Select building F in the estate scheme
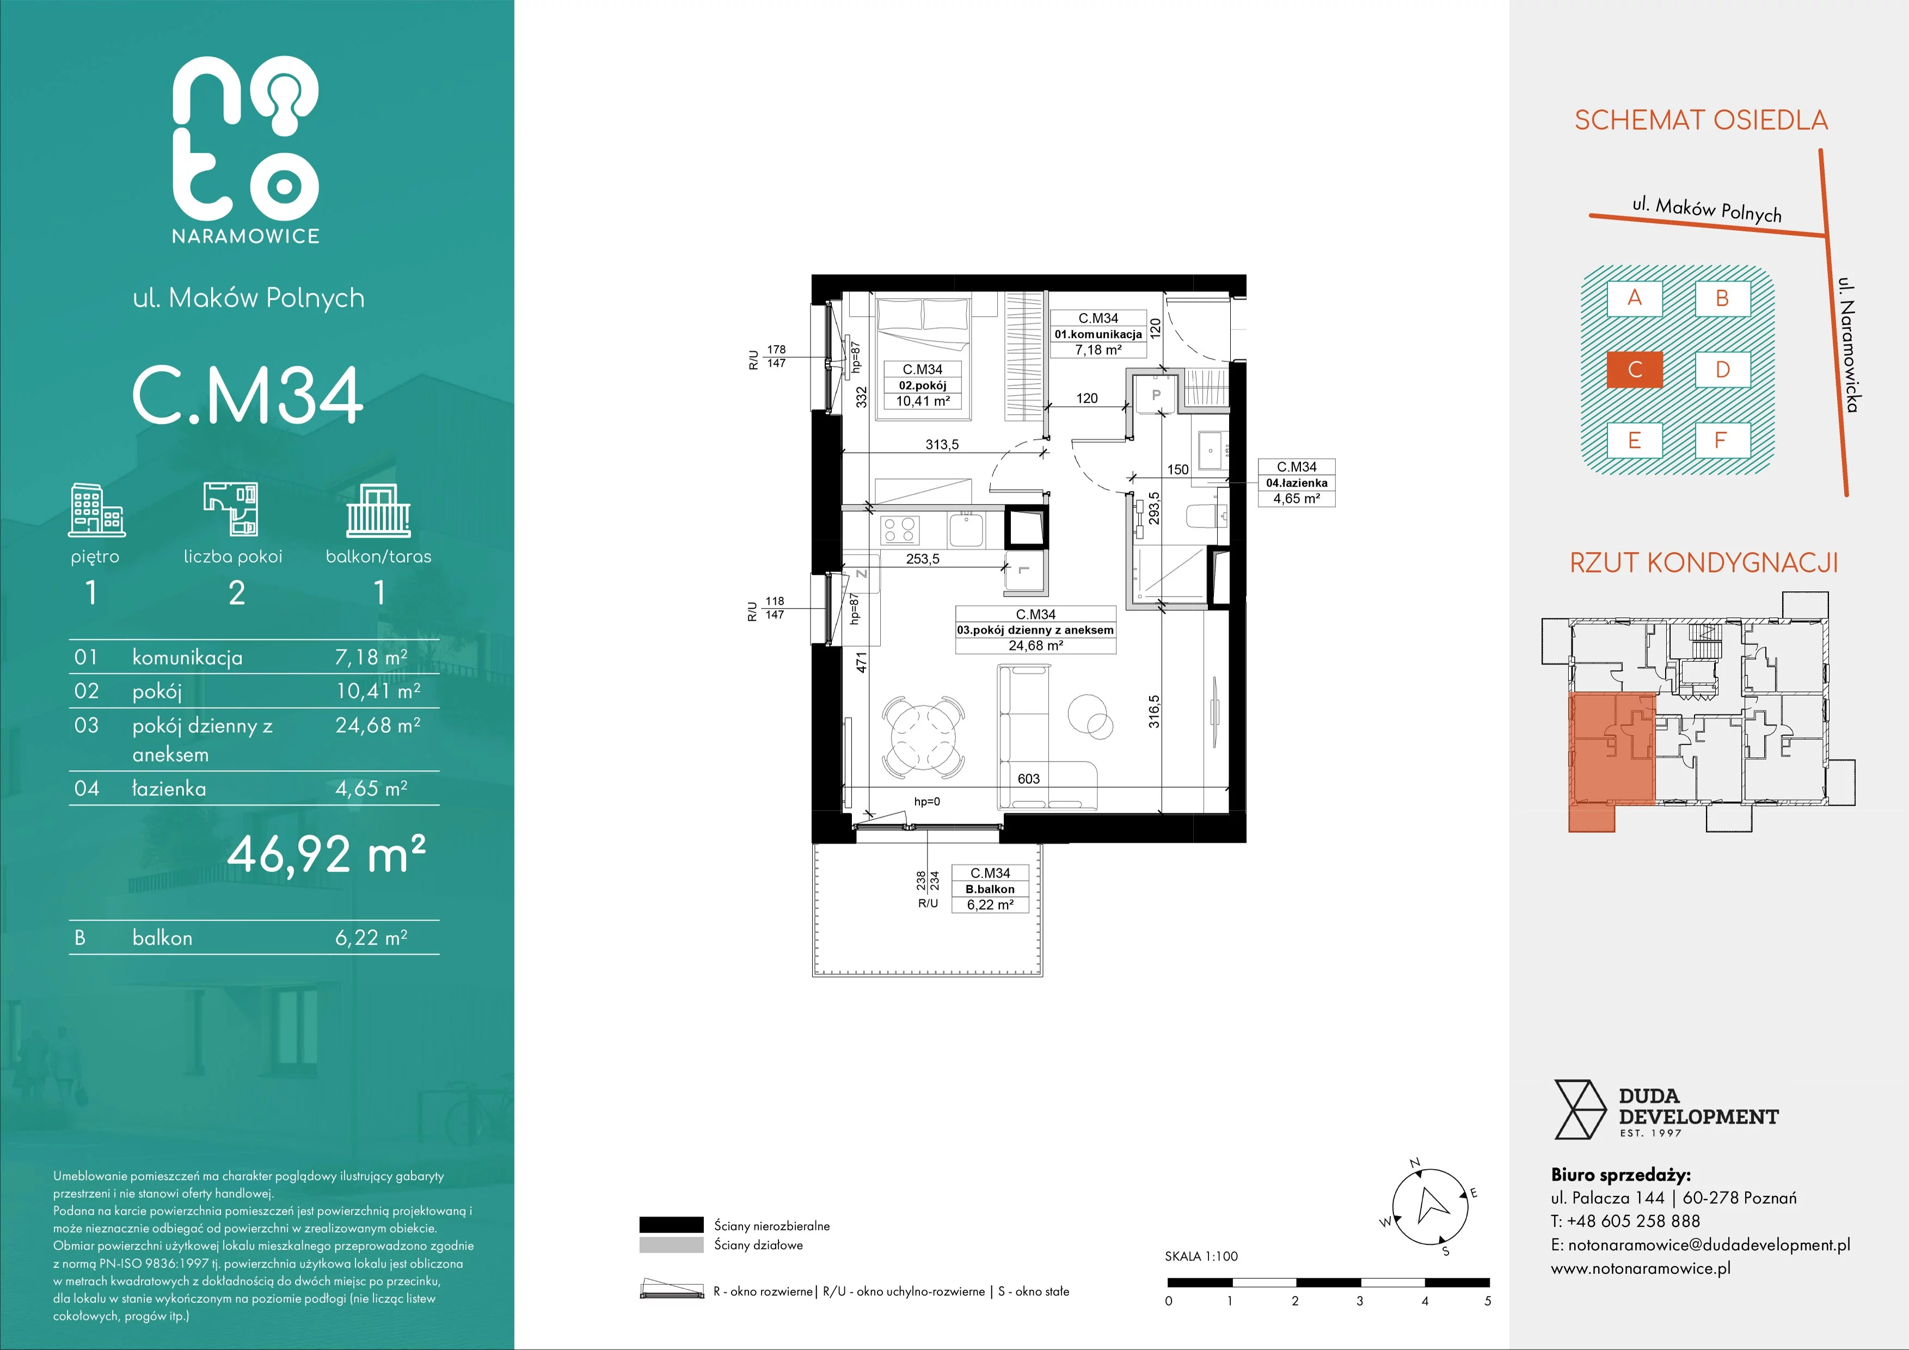pyautogui.click(x=1722, y=440)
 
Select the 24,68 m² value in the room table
pyautogui.click(x=377, y=725)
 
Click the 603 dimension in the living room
pyautogui.click(x=1028, y=779)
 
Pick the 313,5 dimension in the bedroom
pyautogui.click(x=942, y=445)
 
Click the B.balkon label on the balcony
pyautogui.click(x=990, y=888)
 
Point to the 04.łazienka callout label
pyautogui.click(x=1296, y=483)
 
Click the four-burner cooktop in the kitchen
pyautogui.click(x=898, y=530)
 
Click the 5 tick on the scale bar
pyautogui.click(x=1488, y=1301)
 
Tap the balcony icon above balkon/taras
pyautogui.click(x=378, y=511)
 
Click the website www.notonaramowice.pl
pyautogui.click(x=1641, y=1268)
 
